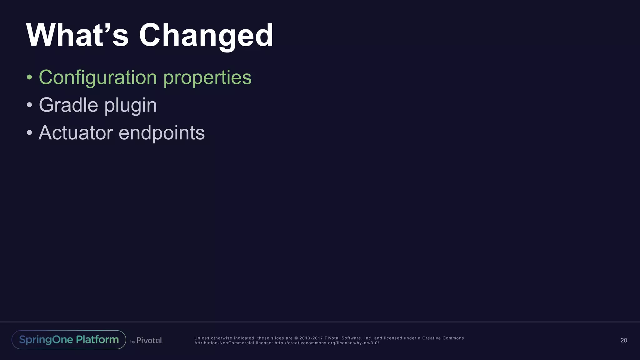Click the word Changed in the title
[206, 36]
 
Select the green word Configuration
[98, 77]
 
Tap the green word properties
[207, 77]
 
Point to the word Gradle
[68, 105]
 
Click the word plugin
[131, 106]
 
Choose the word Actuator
[76, 133]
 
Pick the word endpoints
[162, 133]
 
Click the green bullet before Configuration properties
[29, 77]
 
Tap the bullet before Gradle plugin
[29, 105]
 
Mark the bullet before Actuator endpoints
[29, 133]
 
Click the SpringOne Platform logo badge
[69, 340]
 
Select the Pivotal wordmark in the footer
[149, 340]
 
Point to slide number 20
[623, 340]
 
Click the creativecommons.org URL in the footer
[327, 343]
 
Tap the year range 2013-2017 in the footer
[311, 338]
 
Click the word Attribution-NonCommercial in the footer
[224, 343]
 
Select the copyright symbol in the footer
[296, 338]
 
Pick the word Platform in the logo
[97, 340]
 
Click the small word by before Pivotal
[132, 342]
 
